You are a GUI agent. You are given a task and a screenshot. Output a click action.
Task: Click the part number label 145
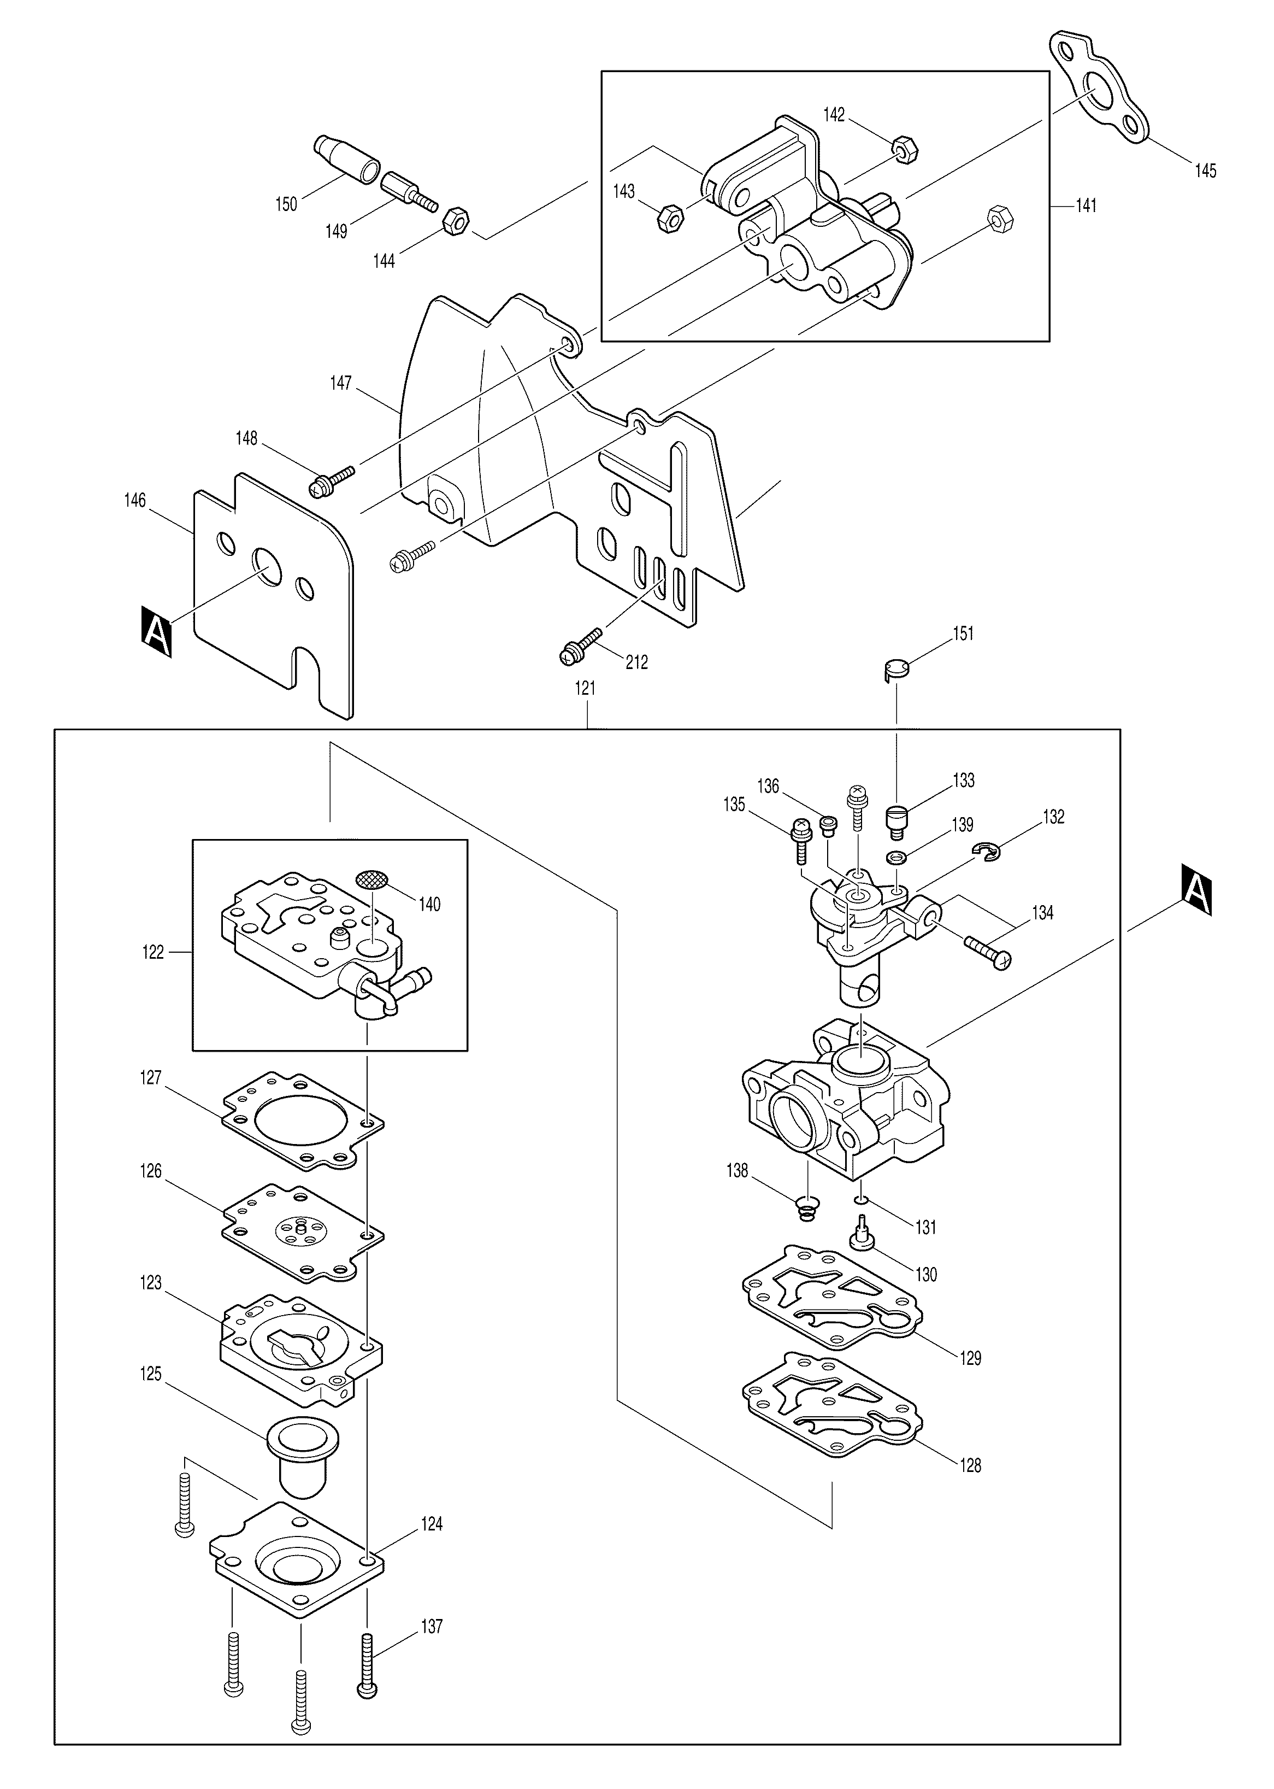coord(1205,171)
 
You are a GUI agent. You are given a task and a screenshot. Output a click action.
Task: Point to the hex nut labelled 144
coord(456,221)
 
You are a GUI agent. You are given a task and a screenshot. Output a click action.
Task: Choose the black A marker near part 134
coord(1195,890)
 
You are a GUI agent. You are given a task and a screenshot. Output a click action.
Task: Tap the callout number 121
coord(585,688)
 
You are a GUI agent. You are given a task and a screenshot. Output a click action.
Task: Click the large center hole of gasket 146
coord(267,566)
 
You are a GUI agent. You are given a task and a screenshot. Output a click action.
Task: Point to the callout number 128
coord(970,1465)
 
